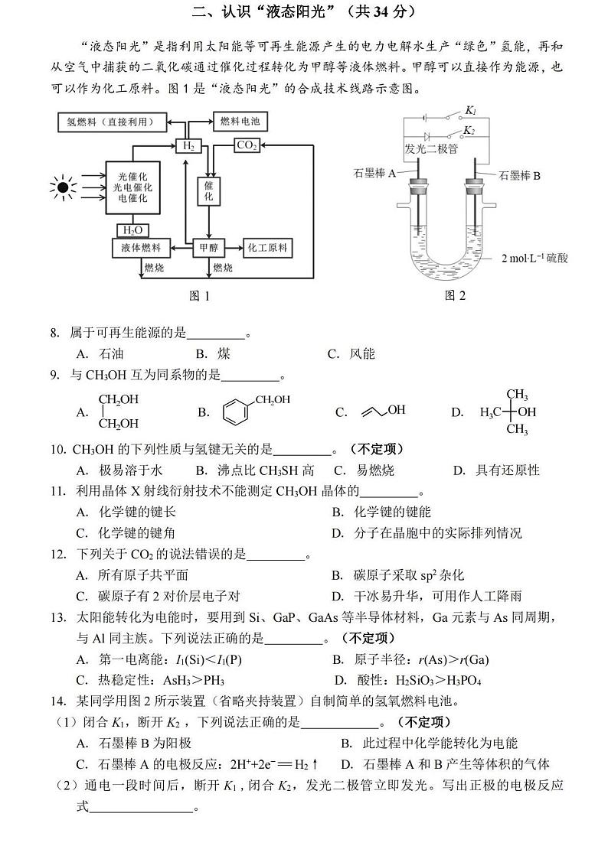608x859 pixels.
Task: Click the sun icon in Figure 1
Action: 63,186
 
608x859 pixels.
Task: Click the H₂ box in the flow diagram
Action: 187,145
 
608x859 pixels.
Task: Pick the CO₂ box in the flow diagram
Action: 247,145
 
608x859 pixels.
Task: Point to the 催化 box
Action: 208,190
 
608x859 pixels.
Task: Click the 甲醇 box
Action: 208,248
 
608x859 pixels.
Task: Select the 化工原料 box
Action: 267,248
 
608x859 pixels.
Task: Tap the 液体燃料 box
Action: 140,248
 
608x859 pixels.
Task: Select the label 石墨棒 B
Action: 520,176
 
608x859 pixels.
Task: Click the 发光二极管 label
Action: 432,148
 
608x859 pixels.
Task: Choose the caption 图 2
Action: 455,295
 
